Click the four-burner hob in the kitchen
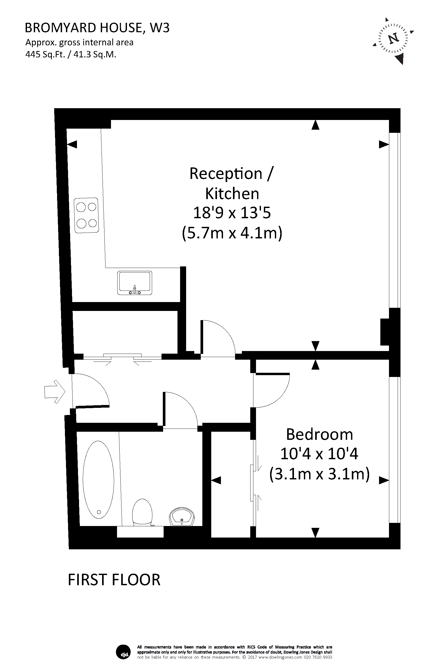tap(86, 215)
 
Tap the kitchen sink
tap(135, 283)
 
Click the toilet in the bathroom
tap(142, 513)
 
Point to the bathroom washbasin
tap(182, 517)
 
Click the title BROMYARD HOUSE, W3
tap(97, 28)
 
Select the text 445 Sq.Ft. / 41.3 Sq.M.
tap(71, 54)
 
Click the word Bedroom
tap(319, 434)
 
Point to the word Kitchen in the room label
tap(232, 194)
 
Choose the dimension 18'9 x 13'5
tap(232, 213)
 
